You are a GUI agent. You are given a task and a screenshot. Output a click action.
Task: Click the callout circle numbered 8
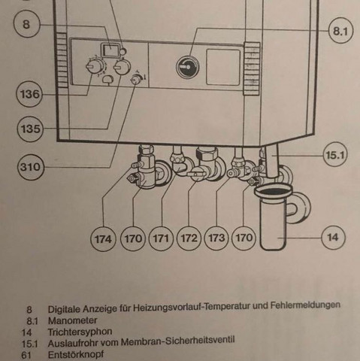pyautogui.click(x=26, y=24)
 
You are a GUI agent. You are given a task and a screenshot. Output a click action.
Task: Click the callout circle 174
pyautogui.click(x=104, y=239)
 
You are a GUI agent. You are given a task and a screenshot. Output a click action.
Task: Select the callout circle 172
pyautogui.click(x=189, y=239)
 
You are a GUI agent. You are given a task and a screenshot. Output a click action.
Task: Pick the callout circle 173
pyautogui.click(x=216, y=239)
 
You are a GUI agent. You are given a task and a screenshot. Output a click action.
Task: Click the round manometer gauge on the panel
pyautogui.click(x=186, y=66)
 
